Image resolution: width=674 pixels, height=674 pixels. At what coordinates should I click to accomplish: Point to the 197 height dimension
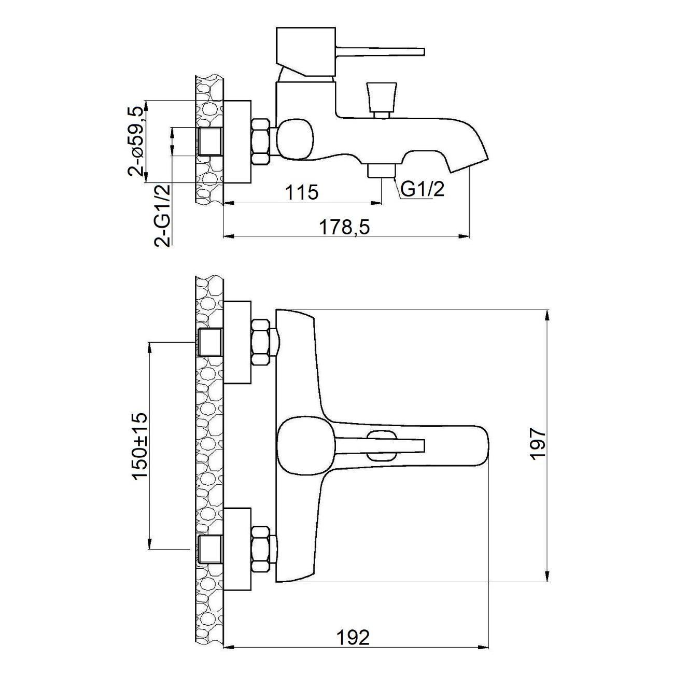point(538,443)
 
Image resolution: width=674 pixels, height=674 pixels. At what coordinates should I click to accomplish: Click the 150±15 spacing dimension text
point(140,446)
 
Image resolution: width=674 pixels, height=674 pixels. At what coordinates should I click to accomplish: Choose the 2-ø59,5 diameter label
point(136,141)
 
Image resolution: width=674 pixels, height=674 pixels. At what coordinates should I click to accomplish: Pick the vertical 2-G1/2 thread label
point(163,215)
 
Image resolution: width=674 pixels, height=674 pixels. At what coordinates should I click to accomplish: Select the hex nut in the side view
point(261,142)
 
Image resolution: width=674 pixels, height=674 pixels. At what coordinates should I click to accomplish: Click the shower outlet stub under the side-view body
point(382,170)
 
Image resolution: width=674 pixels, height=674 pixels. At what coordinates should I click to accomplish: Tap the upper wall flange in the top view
point(237,342)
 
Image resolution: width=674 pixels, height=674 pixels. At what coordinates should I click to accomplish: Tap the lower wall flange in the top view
point(237,550)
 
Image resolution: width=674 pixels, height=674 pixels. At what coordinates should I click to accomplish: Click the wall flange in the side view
point(237,142)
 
